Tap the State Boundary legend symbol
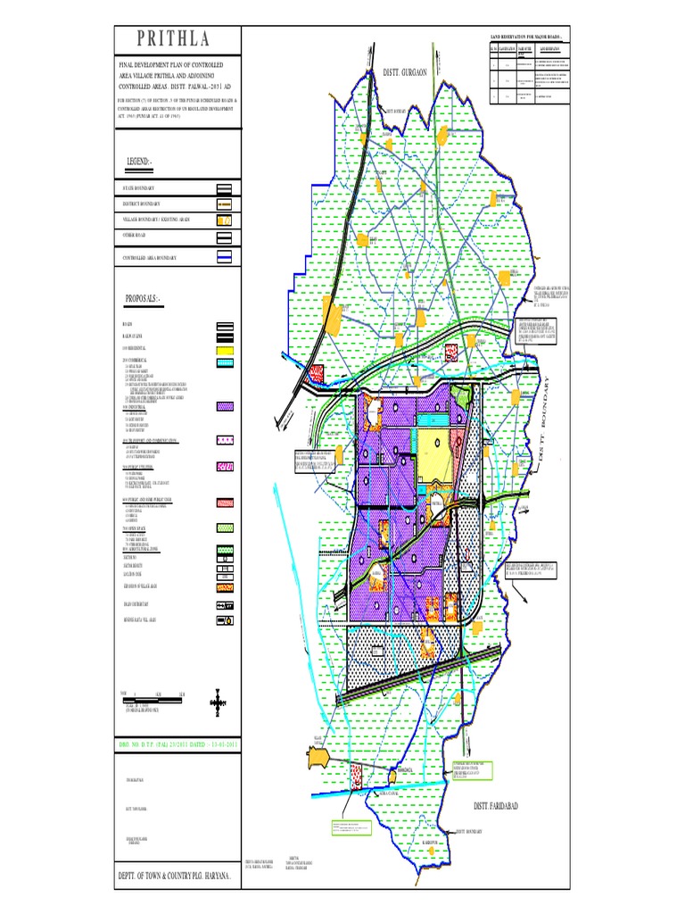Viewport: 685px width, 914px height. click(x=225, y=189)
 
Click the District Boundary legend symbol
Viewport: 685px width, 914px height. click(x=225, y=204)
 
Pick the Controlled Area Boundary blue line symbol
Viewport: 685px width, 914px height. click(x=225, y=257)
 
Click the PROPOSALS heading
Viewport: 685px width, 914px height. click(x=147, y=297)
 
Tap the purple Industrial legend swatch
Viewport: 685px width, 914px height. click(x=225, y=406)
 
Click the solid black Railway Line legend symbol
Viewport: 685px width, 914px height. click(x=225, y=336)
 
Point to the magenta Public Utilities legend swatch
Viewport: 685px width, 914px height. click(x=225, y=467)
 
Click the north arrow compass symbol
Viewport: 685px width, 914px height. click(x=215, y=703)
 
